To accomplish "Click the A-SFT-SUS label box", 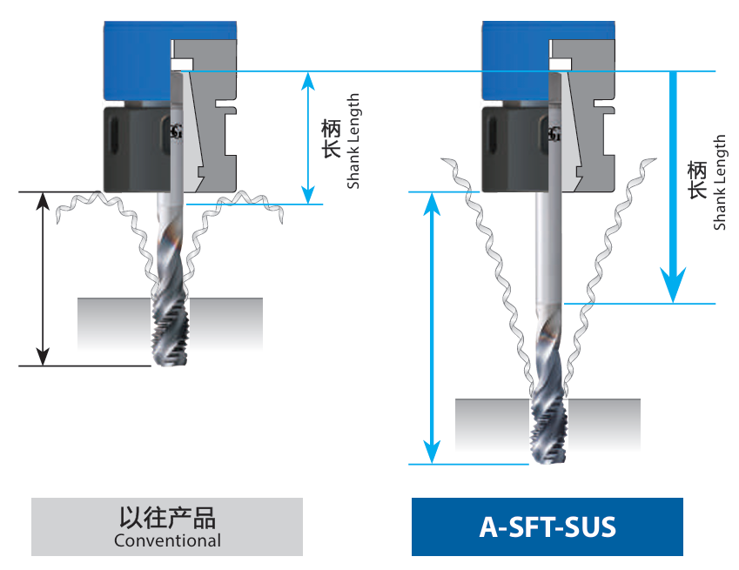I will [547, 526].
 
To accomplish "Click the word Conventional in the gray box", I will [167, 540].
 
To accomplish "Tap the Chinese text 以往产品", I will [167, 517].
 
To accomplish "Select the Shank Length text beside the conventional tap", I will [353, 141].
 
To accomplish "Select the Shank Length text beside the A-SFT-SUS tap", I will [719, 183].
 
